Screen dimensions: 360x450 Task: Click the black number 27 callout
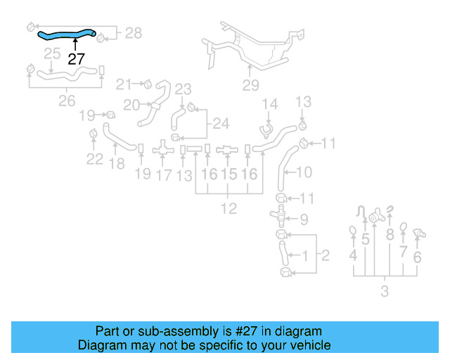point(76,60)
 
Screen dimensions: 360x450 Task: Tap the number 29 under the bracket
point(250,86)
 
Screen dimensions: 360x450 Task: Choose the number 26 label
point(66,101)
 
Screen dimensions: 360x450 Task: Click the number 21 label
point(124,84)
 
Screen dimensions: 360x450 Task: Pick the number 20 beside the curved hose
point(131,105)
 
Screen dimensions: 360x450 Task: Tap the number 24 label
point(221,124)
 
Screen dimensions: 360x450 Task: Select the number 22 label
point(95,159)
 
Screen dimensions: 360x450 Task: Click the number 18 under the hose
point(117,164)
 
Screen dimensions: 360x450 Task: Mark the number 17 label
point(163,174)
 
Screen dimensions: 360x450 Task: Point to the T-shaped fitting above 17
point(163,148)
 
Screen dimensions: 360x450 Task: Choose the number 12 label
point(229,208)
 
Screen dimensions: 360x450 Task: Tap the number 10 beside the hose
point(303,172)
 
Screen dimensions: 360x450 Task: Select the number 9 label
point(303,219)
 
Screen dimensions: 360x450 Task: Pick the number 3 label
point(384,291)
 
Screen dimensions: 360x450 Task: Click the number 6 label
point(418,257)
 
